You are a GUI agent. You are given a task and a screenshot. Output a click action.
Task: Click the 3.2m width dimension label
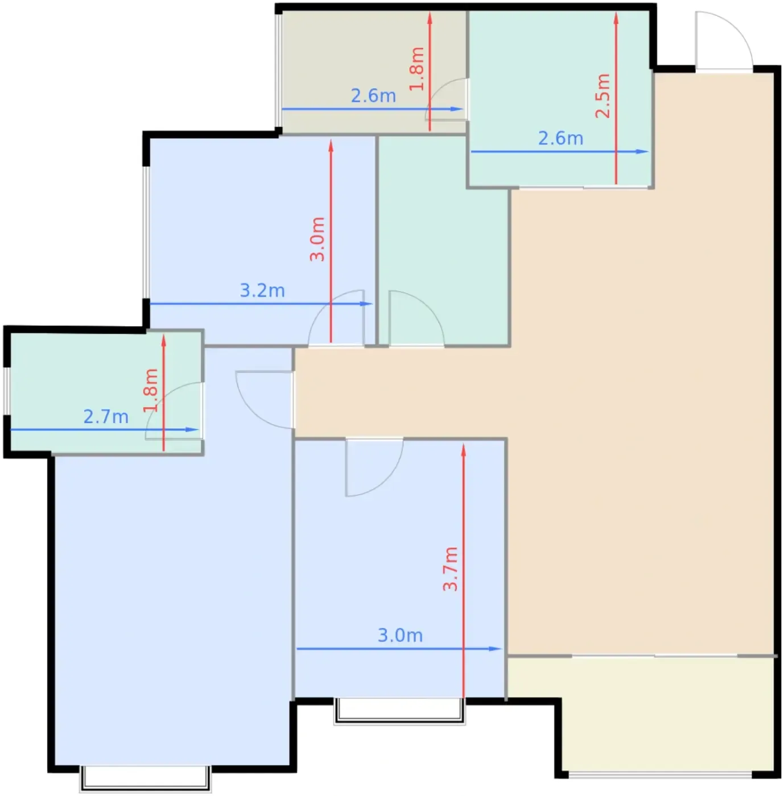[262, 291]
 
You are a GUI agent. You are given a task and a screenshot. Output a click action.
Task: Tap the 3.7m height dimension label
[450, 569]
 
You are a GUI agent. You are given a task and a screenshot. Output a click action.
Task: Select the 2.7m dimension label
[106, 416]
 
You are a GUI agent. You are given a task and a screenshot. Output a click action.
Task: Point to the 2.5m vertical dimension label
[603, 96]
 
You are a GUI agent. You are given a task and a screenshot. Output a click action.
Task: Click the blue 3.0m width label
[400, 635]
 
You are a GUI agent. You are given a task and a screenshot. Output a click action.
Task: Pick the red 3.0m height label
[317, 239]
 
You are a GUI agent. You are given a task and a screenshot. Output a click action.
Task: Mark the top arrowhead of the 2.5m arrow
[616, 19]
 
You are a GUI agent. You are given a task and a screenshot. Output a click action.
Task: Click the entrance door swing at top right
[724, 42]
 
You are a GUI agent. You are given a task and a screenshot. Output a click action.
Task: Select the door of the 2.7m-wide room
[174, 411]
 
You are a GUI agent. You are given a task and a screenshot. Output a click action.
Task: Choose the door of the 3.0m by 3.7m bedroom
[374, 467]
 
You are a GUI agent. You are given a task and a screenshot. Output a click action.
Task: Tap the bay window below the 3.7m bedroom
[399, 711]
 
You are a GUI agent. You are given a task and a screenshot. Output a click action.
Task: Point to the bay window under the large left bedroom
[145, 778]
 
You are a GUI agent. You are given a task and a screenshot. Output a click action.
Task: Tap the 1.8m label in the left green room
[151, 390]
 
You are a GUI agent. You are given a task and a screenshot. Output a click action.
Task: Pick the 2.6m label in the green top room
[560, 138]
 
